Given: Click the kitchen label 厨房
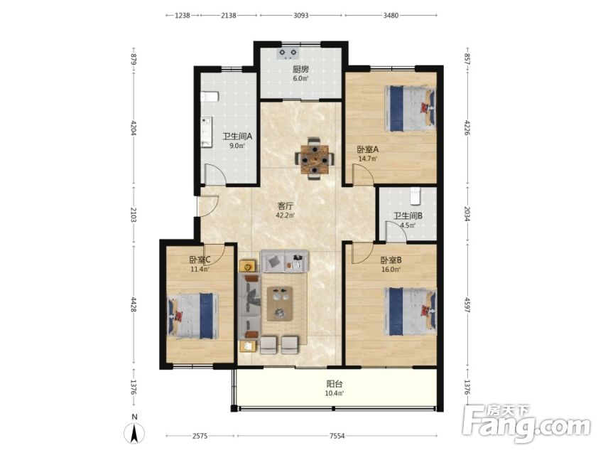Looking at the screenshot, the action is point(300,70).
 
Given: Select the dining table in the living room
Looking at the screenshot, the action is point(315,159).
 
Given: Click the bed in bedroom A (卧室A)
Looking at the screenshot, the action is point(410,108).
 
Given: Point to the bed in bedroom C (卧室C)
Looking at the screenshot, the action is point(192,316).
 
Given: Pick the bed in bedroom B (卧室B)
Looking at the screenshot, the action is point(410,311).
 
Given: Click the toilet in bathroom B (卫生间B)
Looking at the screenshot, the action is point(415,196).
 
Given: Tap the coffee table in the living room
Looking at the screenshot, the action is point(280,304).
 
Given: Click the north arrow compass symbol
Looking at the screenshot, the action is point(134,431).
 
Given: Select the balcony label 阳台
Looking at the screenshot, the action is point(335,384).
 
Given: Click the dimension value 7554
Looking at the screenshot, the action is point(337,436).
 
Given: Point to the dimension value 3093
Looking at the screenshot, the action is point(300,16).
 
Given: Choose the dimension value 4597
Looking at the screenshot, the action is point(467,304).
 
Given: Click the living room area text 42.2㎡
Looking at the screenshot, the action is point(285,215).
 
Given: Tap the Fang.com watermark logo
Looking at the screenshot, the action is point(527,423).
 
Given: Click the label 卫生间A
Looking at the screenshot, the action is point(237,136).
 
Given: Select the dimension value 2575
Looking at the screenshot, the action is point(200,436).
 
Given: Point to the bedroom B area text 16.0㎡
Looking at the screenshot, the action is point(391,269).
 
